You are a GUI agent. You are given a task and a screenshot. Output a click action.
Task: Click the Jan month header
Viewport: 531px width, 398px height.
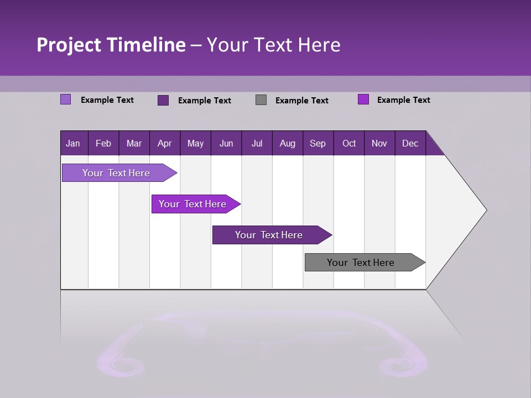(x=73, y=144)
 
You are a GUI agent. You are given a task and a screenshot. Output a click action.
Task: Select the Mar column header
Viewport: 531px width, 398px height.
(x=134, y=144)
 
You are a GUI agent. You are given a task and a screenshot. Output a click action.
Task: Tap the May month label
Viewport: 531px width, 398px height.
(x=195, y=144)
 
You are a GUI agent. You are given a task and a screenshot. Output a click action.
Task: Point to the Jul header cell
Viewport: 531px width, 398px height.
(x=257, y=144)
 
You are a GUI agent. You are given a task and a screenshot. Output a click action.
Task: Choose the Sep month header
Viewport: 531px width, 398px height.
(x=317, y=144)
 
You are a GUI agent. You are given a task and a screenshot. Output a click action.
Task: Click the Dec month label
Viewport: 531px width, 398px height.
(x=410, y=144)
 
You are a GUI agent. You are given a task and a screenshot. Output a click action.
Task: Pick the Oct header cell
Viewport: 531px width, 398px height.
(x=349, y=144)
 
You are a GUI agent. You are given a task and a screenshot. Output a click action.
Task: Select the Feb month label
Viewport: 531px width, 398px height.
(x=103, y=144)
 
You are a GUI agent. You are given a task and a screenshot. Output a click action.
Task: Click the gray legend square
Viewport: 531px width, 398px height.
(x=261, y=100)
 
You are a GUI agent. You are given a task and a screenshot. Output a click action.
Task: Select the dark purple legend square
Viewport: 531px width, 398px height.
(x=163, y=100)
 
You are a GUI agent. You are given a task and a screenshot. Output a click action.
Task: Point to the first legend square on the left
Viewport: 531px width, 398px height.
(x=66, y=99)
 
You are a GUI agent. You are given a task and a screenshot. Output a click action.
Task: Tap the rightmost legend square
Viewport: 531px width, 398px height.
(x=363, y=99)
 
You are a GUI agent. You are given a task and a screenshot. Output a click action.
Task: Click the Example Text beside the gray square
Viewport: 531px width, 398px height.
(x=301, y=101)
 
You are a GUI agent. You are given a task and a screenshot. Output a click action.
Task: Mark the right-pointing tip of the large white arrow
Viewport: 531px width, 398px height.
(x=486, y=210)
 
